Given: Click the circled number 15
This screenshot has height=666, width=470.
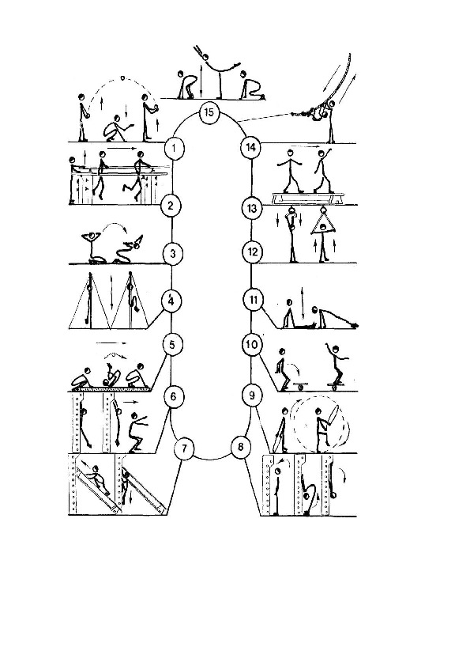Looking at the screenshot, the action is pos(209,113).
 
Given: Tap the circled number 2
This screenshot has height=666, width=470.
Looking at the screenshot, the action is pos(171,206).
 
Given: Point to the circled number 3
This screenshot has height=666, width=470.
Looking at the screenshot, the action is pos(173,254).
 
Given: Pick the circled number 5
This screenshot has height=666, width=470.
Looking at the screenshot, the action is pos(171,344).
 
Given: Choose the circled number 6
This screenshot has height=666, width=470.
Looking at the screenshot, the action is pos(173,397).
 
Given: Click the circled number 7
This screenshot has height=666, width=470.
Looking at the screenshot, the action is pos(184,449).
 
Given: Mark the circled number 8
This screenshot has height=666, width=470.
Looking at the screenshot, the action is pos(241,447).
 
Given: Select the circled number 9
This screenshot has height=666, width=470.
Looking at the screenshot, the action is pos(252,395).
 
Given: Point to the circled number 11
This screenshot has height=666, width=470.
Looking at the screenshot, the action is pos(254,300).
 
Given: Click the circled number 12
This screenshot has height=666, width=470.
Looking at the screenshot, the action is pos(253,252).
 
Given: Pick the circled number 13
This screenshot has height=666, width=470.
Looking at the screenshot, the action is pos(252,209).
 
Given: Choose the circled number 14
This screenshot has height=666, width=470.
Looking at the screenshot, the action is pos(251,148).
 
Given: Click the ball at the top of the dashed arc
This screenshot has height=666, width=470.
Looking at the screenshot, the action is pos(123,78).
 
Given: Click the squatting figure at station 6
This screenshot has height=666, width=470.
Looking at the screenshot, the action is pos(137,433).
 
